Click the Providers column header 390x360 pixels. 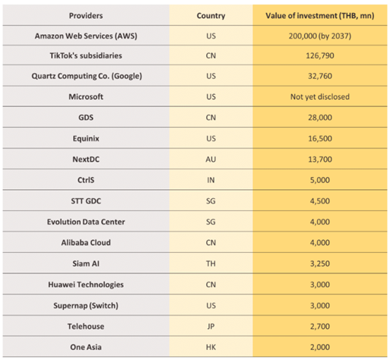click(x=86, y=16)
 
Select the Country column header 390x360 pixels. click(x=211, y=16)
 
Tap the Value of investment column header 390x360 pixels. click(x=320, y=16)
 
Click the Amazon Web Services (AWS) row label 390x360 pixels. click(x=86, y=36)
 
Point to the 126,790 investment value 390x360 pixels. click(x=320, y=55)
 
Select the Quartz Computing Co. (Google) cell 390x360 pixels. click(x=87, y=76)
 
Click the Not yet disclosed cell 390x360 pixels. click(x=320, y=96)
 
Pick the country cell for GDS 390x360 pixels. click(x=211, y=118)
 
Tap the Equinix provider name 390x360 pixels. click(x=86, y=138)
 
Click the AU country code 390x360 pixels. click(x=211, y=159)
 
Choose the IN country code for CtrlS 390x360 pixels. click(x=211, y=180)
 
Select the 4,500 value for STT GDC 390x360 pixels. click(x=320, y=201)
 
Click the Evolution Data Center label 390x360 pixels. click(x=86, y=222)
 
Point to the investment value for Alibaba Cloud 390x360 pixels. click(x=320, y=242)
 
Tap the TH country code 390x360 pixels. click(x=211, y=264)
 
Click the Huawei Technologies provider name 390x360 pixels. click(x=86, y=285)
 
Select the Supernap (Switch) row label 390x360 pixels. click(x=86, y=305)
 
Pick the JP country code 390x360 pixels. click(x=211, y=327)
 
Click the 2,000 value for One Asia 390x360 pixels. click(x=320, y=347)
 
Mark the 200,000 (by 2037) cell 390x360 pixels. click(x=320, y=36)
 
